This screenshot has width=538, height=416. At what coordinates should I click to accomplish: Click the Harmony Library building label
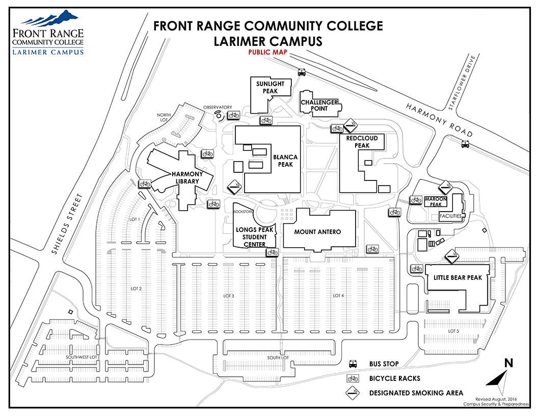click(187, 177)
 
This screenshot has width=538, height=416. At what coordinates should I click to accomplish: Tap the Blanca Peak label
click(285, 161)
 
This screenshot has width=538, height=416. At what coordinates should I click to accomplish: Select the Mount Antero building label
click(317, 232)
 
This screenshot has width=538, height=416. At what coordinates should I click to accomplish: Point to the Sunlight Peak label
click(271, 87)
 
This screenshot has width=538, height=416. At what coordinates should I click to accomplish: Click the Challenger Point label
click(319, 106)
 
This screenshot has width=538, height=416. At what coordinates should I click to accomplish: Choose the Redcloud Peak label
click(362, 142)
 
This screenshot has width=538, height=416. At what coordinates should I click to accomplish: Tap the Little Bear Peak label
click(458, 278)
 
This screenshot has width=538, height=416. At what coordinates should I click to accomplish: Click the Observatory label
click(218, 108)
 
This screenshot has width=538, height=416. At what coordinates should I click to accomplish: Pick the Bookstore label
click(243, 212)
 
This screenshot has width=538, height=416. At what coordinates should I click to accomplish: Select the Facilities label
click(450, 216)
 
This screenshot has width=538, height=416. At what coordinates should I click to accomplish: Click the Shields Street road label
click(67, 224)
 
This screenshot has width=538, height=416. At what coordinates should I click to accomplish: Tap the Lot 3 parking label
click(229, 296)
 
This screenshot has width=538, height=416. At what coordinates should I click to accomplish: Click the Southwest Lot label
click(82, 357)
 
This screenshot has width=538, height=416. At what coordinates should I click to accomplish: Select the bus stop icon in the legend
click(353, 364)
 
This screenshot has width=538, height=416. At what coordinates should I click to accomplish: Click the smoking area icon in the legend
click(353, 393)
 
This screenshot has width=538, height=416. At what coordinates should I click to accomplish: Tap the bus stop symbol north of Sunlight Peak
click(302, 72)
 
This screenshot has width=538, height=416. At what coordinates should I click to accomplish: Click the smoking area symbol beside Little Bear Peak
click(452, 256)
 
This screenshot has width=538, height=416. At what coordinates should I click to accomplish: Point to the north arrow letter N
click(508, 363)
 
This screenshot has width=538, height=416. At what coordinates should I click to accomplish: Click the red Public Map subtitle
click(267, 52)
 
